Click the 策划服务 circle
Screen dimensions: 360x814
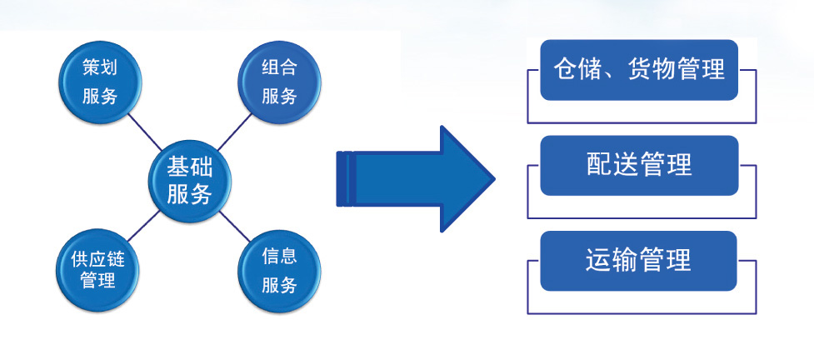point(99,81)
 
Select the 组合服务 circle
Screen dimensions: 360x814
point(279,81)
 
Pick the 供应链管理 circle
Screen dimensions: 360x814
point(98,268)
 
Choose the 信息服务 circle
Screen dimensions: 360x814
point(279,270)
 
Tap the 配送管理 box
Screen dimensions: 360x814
point(639,165)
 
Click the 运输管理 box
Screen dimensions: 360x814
point(639,261)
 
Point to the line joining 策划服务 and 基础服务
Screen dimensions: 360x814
point(143,130)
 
